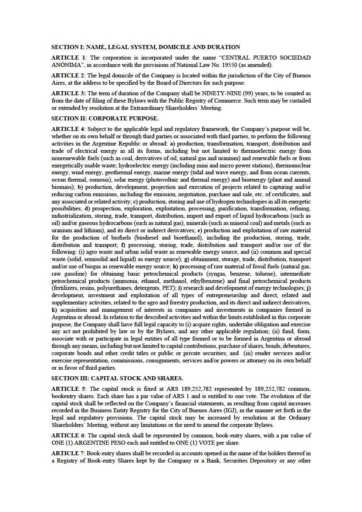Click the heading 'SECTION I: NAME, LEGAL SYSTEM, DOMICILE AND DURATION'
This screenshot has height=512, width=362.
pyautogui.click(x=146, y=47)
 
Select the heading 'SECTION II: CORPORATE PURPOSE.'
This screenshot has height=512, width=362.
pyautogui.click(x=105, y=118)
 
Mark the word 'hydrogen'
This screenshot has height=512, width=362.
pyautogui.click(x=209, y=201)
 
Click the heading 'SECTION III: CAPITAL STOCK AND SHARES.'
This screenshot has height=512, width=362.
pyautogui.click(x=117, y=378)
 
